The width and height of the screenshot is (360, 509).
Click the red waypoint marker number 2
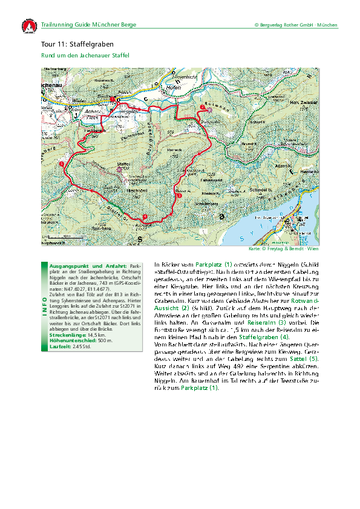click(x=201, y=107)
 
